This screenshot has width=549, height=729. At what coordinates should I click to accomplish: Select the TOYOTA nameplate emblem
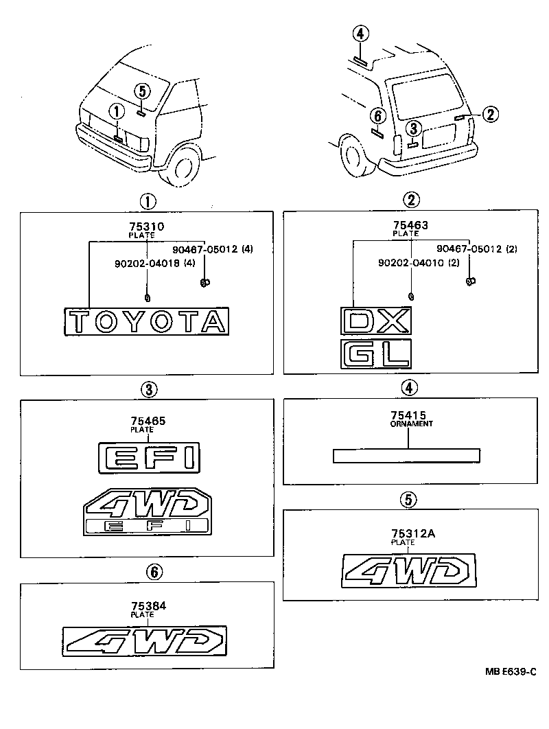(146, 321)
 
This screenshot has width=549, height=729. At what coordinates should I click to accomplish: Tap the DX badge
(375, 321)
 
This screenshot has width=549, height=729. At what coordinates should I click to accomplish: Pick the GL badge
(375, 353)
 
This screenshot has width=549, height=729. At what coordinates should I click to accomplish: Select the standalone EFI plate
(149, 456)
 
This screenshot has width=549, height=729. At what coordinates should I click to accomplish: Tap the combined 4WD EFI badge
(147, 511)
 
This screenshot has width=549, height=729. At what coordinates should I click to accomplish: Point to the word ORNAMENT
(410, 424)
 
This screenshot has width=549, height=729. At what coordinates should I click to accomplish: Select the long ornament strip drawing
(406, 456)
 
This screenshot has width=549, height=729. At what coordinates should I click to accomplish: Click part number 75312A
(408, 533)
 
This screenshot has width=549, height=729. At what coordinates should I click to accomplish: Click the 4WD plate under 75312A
(409, 572)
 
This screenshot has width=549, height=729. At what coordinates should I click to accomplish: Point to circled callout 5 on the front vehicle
(141, 91)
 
